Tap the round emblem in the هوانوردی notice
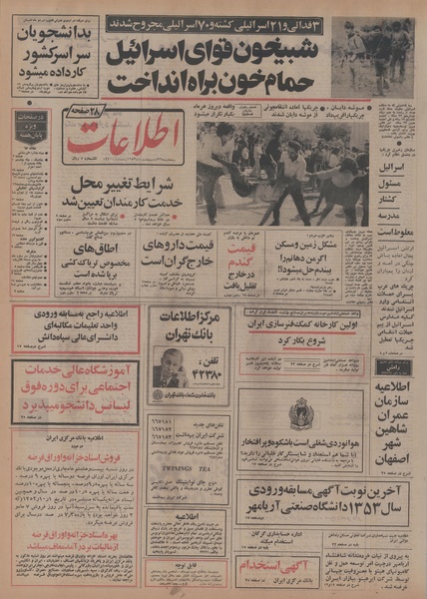click(302, 411)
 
